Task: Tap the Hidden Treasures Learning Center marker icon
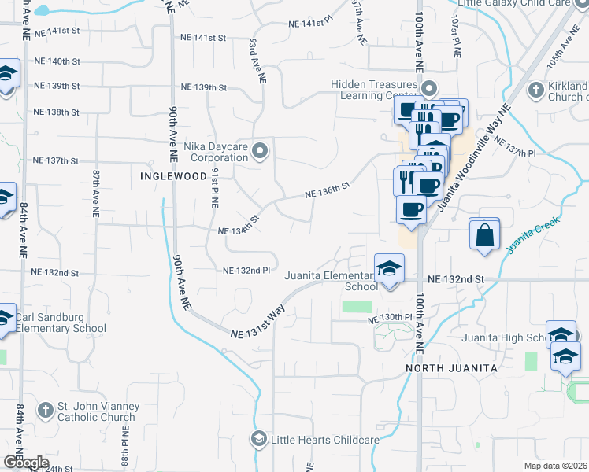[x=429, y=87]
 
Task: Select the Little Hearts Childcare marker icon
[x=257, y=438]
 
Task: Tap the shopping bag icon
[x=484, y=234]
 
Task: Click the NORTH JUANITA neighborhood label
[x=451, y=368]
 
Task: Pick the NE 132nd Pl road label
[x=246, y=271]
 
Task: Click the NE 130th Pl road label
[x=390, y=318]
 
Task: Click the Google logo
[x=26, y=463]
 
